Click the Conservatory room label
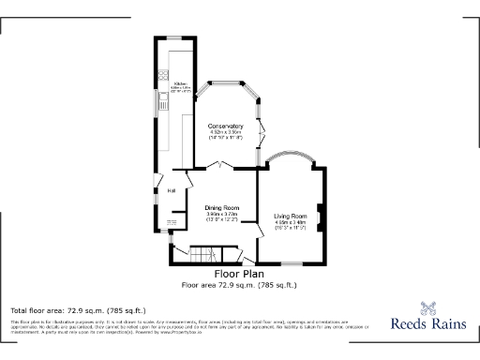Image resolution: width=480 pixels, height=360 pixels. [225, 126]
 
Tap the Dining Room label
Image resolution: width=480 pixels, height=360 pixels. [222, 207]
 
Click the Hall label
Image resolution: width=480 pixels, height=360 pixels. [172, 190]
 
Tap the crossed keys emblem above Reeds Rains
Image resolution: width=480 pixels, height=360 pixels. [429, 306]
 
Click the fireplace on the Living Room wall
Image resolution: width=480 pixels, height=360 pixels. [320, 215]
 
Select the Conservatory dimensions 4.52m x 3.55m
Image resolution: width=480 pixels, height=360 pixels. [225, 133]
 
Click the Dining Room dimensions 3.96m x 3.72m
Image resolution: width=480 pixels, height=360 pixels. [222, 215]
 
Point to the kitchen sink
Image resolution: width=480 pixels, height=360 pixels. [163, 103]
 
